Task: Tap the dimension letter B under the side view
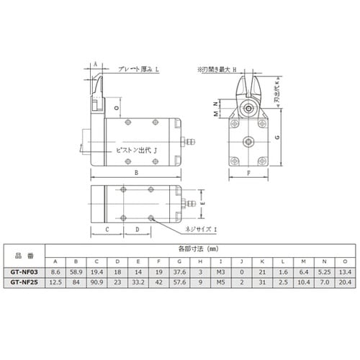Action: [x=135, y=174]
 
